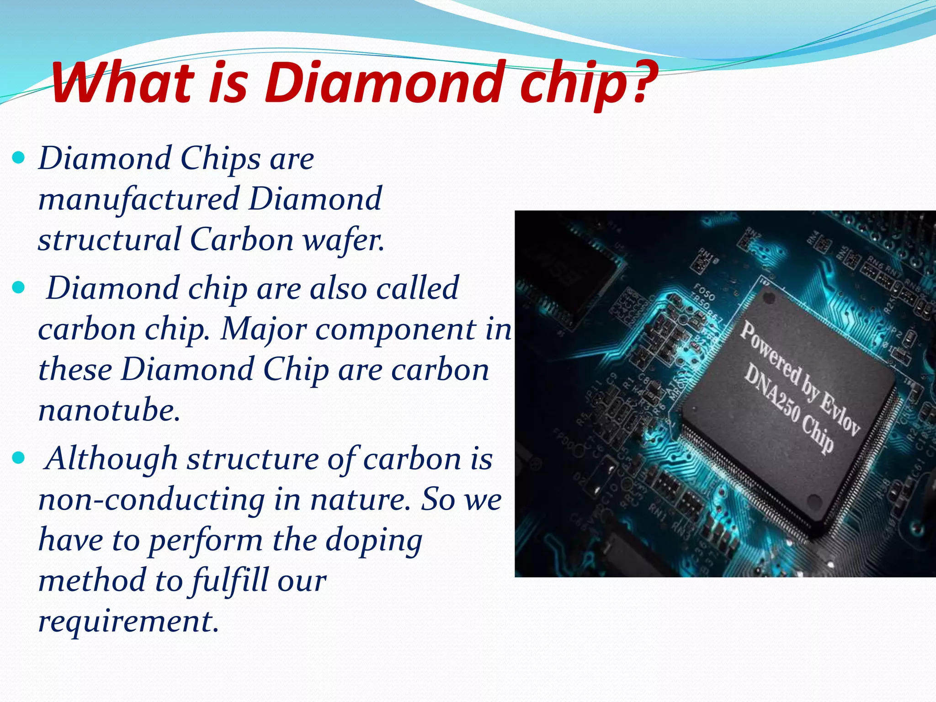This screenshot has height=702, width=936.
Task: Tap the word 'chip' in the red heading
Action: [x=571, y=85]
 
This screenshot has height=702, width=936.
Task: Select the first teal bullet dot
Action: [x=18, y=159]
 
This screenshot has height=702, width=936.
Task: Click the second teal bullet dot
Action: [x=18, y=288]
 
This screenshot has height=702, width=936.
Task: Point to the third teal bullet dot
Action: [x=18, y=458]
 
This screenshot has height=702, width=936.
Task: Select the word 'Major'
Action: [x=263, y=329]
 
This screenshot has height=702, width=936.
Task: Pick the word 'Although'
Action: [x=112, y=459]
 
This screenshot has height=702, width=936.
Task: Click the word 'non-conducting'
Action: [x=151, y=500]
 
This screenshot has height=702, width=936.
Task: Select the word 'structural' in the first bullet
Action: [x=110, y=240]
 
